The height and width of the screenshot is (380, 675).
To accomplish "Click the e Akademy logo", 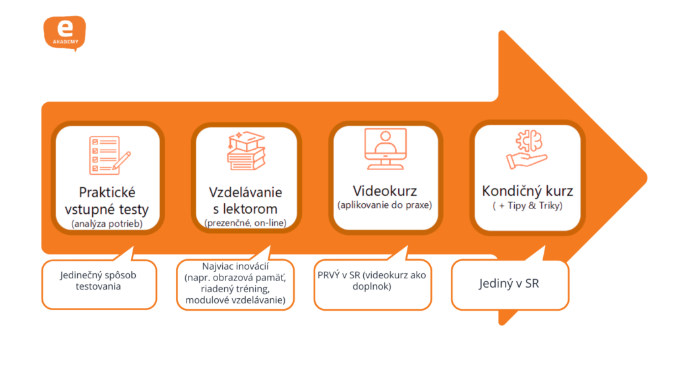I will pyautogui.click(x=64, y=33).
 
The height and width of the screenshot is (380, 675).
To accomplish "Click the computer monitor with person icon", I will pyautogui.click(x=386, y=149).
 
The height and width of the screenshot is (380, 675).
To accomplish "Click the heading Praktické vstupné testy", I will pyautogui.click(x=107, y=201).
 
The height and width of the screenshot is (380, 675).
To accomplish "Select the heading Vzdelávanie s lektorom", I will pyautogui.click(x=245, y=201).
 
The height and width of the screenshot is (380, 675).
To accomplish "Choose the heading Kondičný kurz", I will pyautogui.click(x=527, y=191).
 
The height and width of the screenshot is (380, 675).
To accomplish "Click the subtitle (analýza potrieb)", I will pyautogui.click(x=107, y=224).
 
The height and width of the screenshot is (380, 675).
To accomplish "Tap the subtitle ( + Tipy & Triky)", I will pyautogui.click(x=527, y=206).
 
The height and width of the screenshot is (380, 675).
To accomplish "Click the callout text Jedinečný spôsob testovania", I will pyautogui.click(x=99, y=281).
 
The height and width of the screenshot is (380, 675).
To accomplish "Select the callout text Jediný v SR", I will pyautogui.click(x=509, y=285).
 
